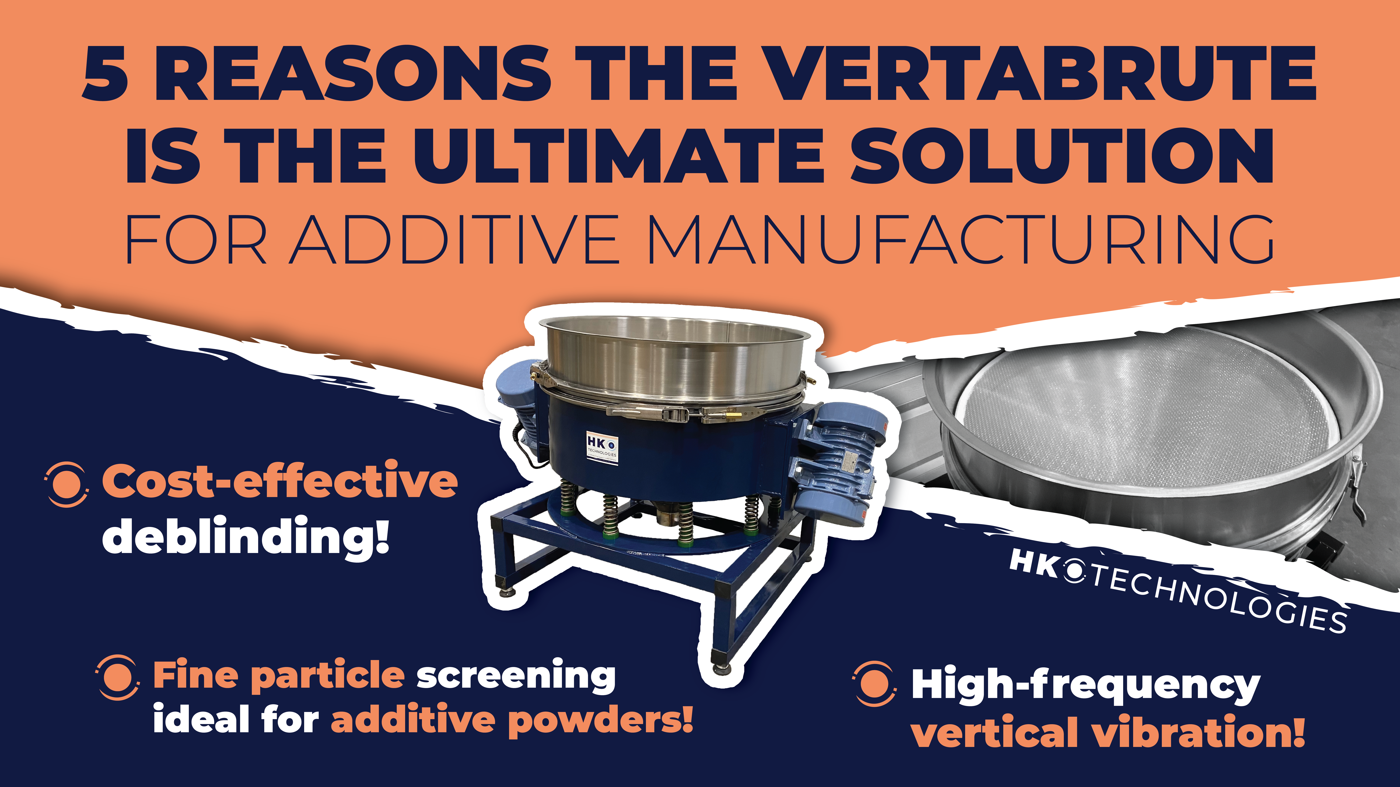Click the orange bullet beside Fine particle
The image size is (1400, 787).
[x=117, y=677]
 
